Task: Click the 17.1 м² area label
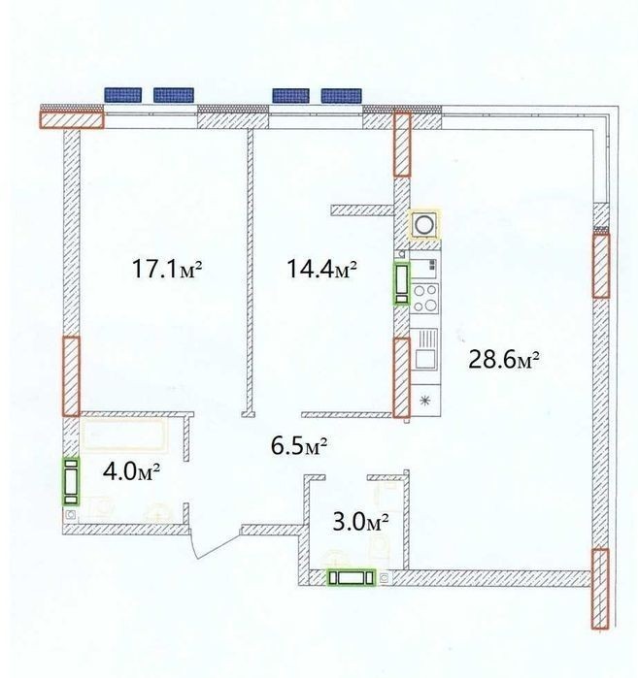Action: [167, 269]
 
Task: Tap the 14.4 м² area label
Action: [321, 269]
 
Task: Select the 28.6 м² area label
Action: [504, 360]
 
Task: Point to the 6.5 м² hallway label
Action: [299, 446]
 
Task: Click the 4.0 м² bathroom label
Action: [132, 471]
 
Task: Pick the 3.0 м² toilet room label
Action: [360, 522]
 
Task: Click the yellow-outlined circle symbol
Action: [424, 224]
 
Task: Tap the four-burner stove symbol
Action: [425, 299]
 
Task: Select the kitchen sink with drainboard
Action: [424, 349]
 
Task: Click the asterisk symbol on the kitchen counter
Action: [425, 401]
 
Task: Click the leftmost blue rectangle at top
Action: [123, 95]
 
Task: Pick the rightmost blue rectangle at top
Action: [341, 96]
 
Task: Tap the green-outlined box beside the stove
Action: [401, 283]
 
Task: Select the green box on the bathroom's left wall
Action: [72, 482]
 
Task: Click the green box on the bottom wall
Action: [352, 578]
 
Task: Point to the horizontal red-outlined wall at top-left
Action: [72, 119]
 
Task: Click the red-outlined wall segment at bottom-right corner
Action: [600, 589]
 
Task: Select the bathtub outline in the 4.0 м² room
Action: [124, 435]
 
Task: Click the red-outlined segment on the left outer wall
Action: [72, 376]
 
